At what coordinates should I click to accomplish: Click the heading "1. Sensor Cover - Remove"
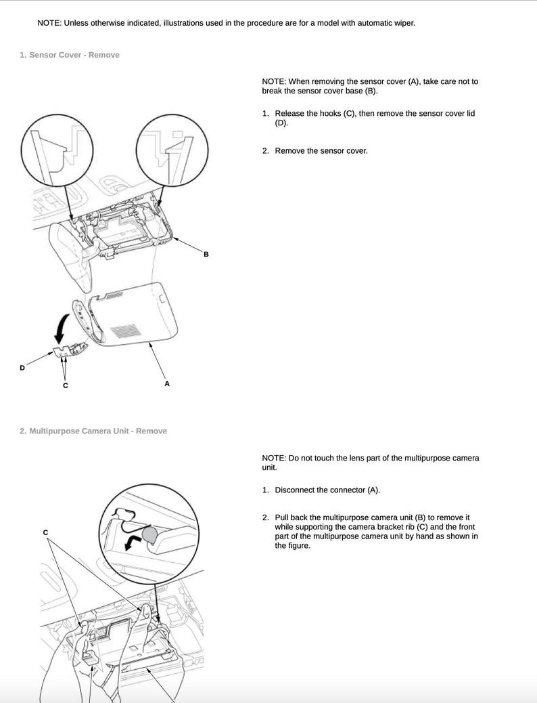[70, 55]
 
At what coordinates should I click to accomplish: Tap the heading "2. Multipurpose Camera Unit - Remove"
[93, 431]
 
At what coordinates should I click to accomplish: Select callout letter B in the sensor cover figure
[206, 254]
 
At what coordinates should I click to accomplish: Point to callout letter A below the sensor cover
[167, 384]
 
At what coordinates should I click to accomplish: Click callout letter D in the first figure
[22, 368]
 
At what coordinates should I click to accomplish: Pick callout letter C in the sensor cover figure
[66, 385]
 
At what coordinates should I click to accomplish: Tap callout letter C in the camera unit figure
[45, 532]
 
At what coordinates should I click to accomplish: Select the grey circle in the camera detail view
[149, 534]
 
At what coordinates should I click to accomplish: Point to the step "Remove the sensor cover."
[321, 151]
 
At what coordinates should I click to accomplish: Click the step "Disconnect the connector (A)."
[327, 490]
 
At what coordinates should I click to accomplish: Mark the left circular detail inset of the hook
[57, 150]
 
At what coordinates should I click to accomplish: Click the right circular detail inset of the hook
[172, 150]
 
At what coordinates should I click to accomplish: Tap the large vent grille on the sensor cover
[126, 331]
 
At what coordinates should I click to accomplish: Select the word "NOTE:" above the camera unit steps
[274, 459]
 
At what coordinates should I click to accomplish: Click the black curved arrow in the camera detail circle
[132, 538]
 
